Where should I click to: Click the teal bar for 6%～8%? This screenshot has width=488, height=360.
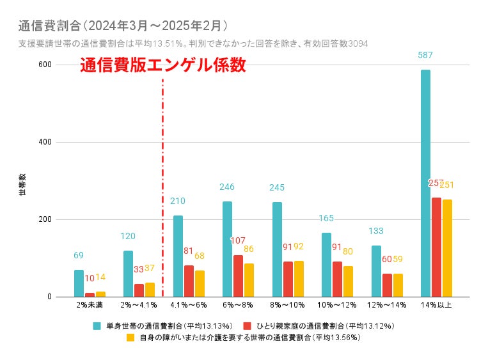pos(227,249)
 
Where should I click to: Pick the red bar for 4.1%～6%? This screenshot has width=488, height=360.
pos(189,281)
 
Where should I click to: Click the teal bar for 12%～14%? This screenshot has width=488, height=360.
pos(376,271)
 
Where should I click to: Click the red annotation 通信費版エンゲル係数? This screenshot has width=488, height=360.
pos(163,66)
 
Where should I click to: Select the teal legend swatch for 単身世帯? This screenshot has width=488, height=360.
pos(97,325)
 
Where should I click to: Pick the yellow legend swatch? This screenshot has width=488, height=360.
pos(130,337)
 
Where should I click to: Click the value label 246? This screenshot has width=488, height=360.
pos(227,187)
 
